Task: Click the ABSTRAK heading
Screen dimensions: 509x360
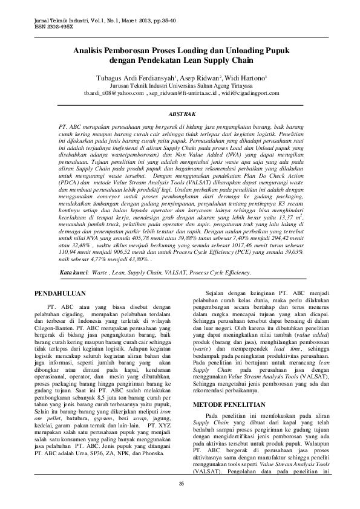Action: [180, 113]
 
